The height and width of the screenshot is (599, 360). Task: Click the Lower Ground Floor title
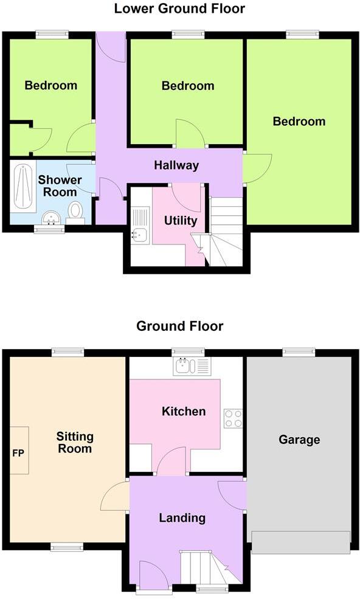[x=179, y=9]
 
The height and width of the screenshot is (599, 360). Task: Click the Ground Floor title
[x=179, y=327]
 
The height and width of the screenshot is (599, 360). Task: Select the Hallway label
[x=176, y=165]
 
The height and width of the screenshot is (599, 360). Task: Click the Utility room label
[x=181, y=220]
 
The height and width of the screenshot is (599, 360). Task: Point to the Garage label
[x=299, y=440]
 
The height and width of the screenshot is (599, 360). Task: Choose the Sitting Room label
[x=75, y=443]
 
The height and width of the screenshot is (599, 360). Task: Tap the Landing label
[x=182, y=518]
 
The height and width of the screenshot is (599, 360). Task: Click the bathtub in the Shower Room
[x=23, y=185]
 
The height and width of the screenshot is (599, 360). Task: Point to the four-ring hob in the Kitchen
[x=233, y=418]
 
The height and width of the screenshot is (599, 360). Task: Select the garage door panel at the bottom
[x=300, y=542]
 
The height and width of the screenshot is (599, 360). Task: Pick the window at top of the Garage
[x=299, y=351]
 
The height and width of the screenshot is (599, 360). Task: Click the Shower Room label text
[x=60, y=186]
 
